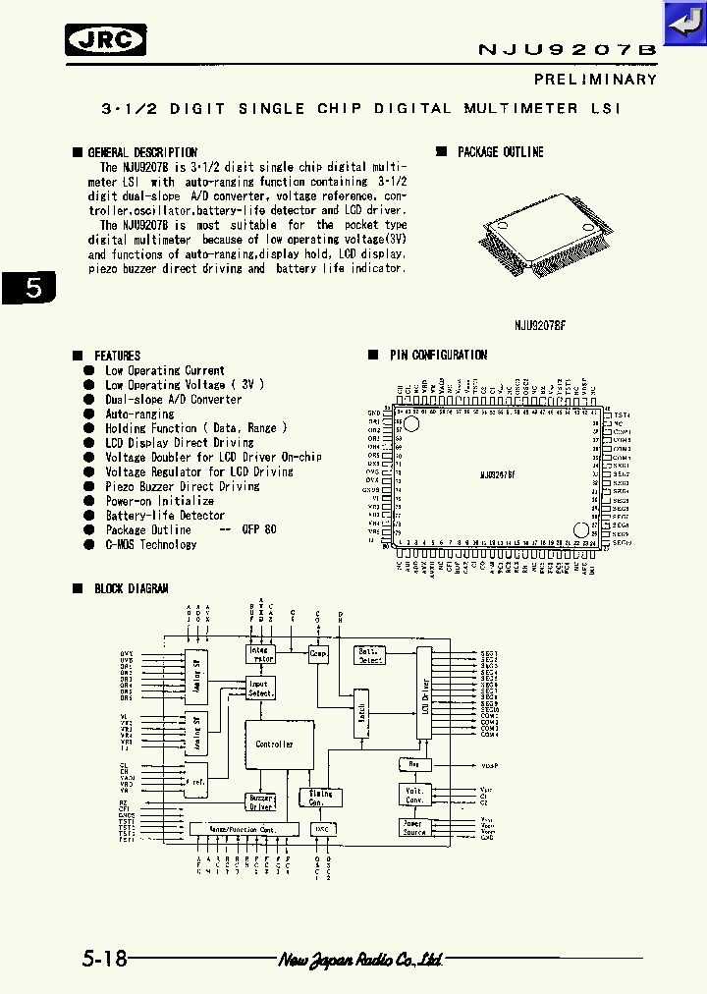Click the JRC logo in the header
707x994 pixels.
(x=105, y=40)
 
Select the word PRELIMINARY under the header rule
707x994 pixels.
(x=595, y=79)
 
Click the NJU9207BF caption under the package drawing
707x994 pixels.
(x=541, y=324)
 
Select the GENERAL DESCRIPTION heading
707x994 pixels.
(x=141, y=152)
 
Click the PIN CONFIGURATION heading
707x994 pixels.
(x=437, y=355)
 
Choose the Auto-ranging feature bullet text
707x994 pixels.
(x=139, y=414)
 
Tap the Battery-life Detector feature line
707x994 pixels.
(x=165, y=515)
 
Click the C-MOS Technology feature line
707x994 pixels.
(x=151, y=544)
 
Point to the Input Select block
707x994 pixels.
(x=260, y=688)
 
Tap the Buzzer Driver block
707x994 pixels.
(x=260, y=802)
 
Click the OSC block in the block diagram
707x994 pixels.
(x=321, y=829)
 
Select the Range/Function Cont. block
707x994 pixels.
(x=242, y=829)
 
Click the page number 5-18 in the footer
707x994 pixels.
(x=105, y=959)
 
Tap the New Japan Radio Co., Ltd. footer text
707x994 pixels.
(x=361, y=960)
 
